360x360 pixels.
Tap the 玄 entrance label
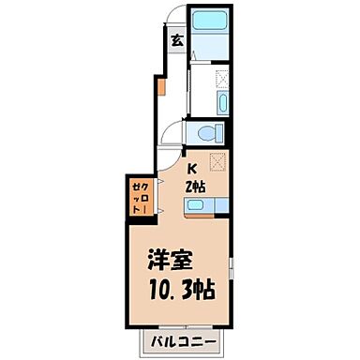tap(176, 40)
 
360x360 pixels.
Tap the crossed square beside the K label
tap(218, 161)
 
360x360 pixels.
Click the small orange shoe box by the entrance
tap(160, 89)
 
